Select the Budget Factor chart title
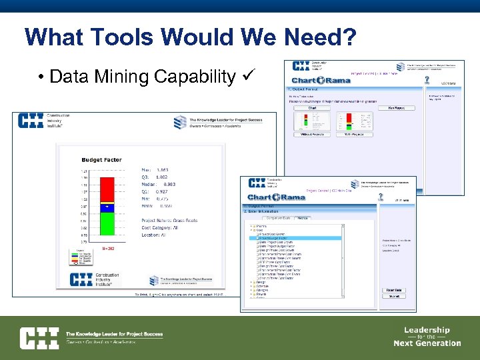click(x=101, y=160)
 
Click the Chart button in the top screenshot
click(x=312, y=107)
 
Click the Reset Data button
click(x=393, y=290)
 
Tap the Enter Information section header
click(x=269, y=211)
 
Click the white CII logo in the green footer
click(x=39, y=338)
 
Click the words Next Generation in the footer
click(x=427, y=343)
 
